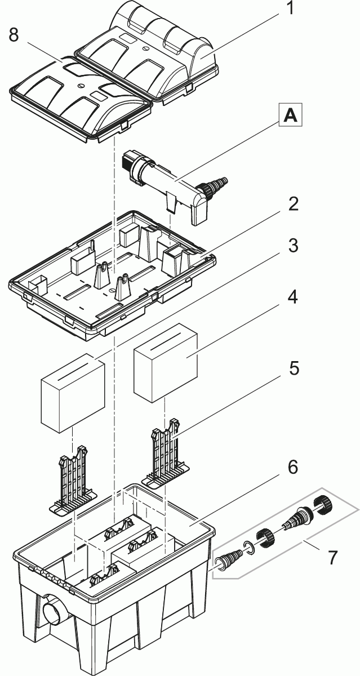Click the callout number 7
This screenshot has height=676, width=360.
[332, 557]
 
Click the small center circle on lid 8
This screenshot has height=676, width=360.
[81, 86]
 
